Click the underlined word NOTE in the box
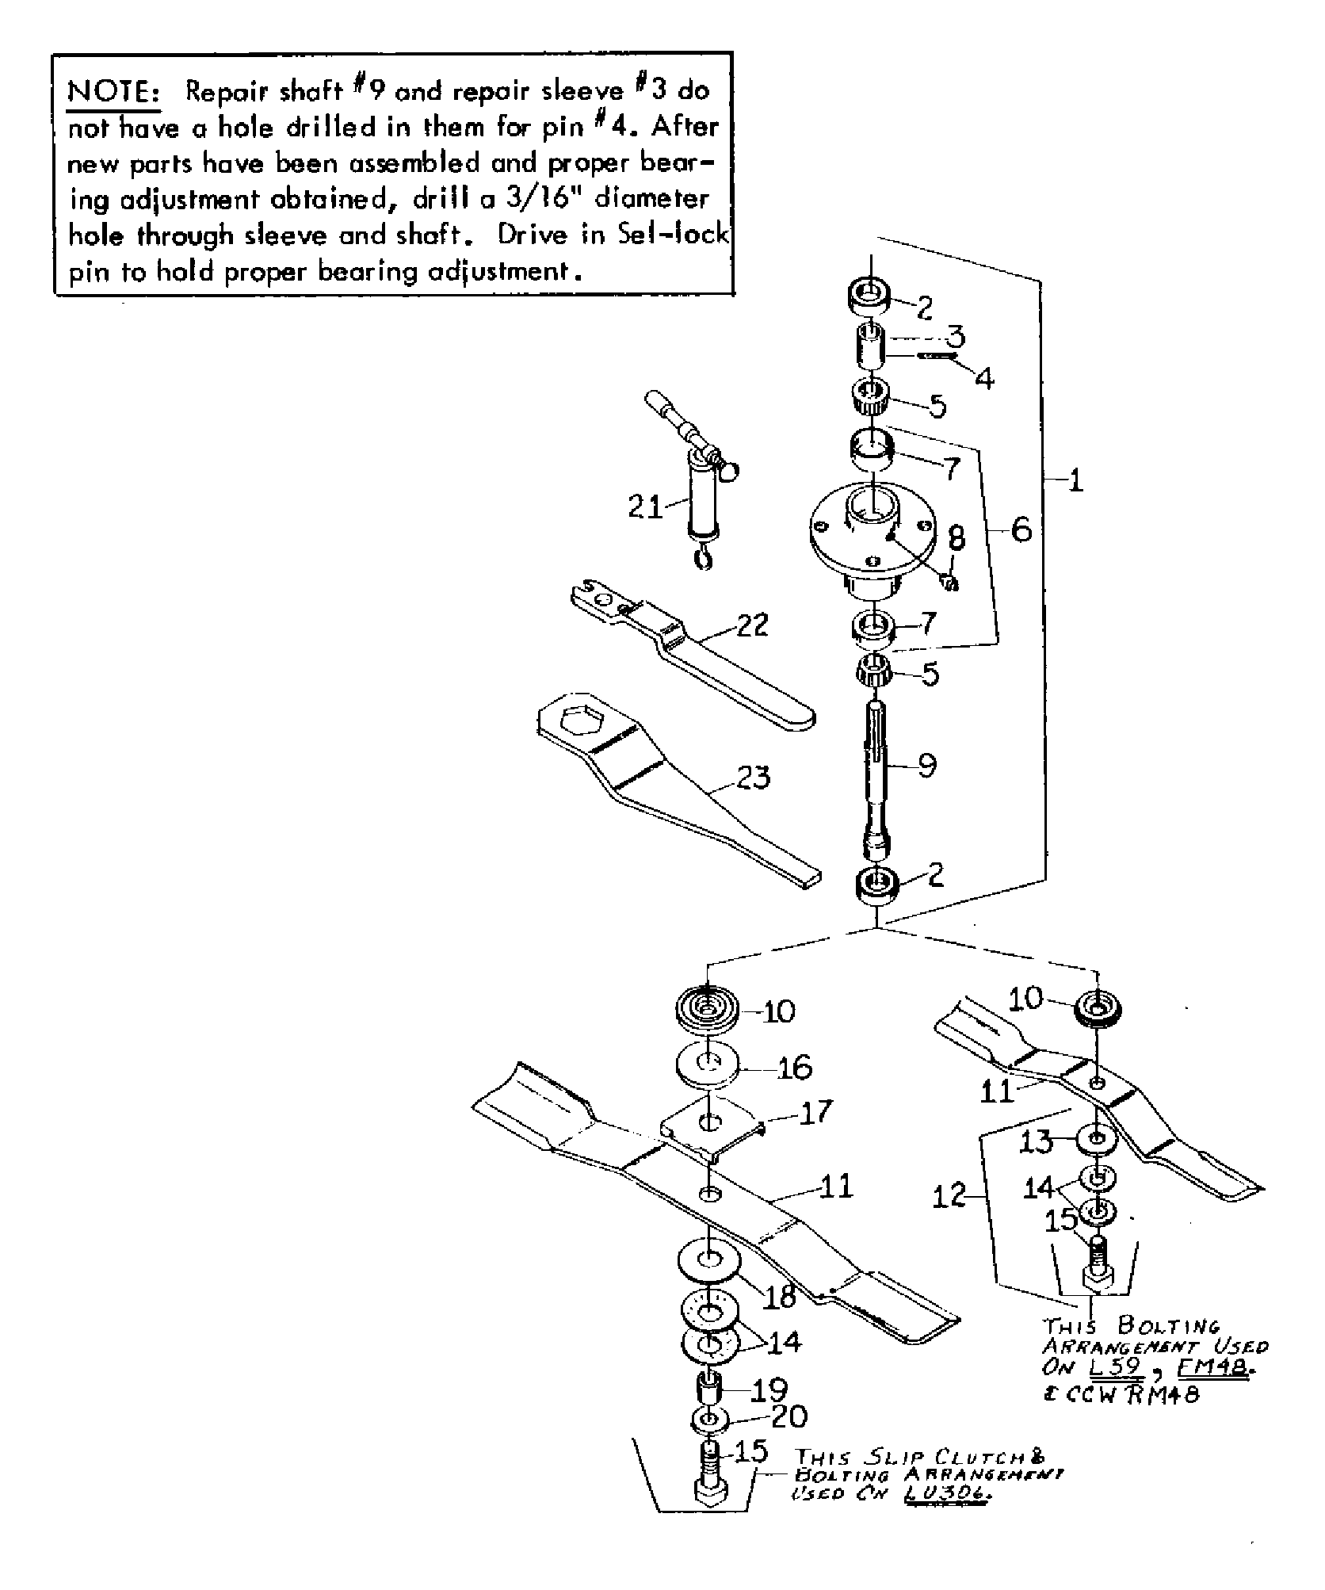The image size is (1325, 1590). click(x=115, y=93)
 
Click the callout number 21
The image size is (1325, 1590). click(x=644, y=506)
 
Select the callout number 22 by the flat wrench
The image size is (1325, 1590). click(x=751, y=625)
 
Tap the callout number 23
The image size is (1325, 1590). click(x=753, y=778)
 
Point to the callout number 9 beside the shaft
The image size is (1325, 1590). click(x=927, y=765)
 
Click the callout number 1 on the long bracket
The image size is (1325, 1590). click(x=1075, y=480)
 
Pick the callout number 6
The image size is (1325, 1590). click(x=1021, y=529)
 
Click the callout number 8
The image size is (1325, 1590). click(x=957, y=539)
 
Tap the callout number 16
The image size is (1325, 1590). click(x=796, y=1068)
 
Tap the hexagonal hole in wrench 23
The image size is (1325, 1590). click(x=582, y=722)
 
